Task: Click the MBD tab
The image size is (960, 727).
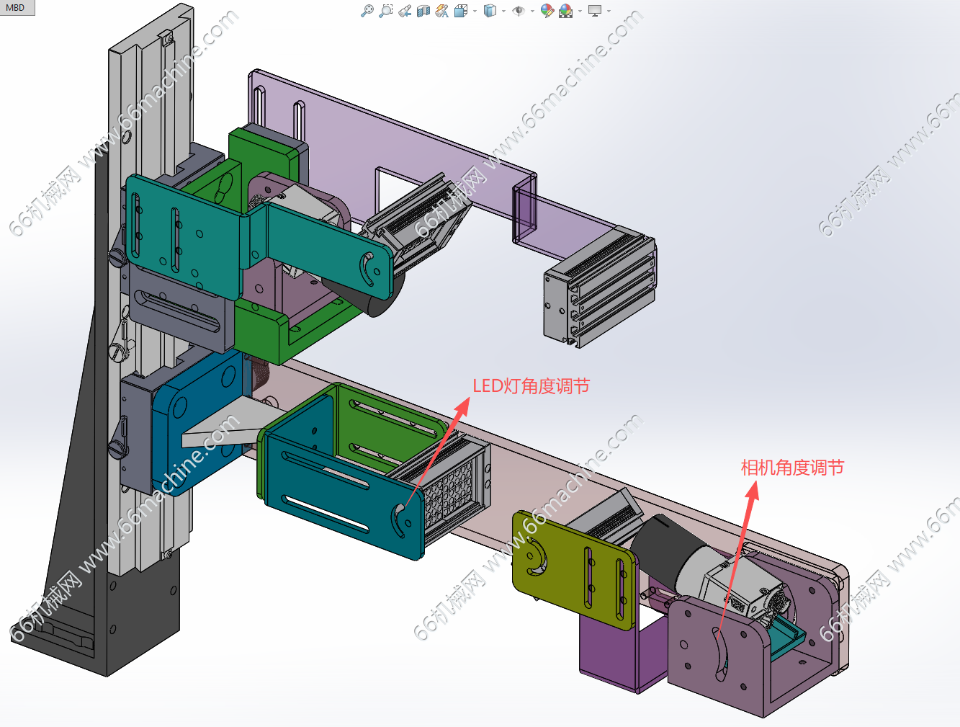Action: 16,8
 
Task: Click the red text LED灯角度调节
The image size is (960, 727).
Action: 531,386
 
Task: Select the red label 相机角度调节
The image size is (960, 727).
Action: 791,468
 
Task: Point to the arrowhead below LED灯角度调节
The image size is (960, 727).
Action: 462,406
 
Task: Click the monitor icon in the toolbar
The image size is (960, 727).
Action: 594,10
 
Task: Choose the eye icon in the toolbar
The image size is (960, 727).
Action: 519,10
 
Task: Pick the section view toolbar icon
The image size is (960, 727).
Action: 423,10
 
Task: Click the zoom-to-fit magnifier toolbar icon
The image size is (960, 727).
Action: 367,10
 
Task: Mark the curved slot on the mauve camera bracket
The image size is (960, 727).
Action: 720,652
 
